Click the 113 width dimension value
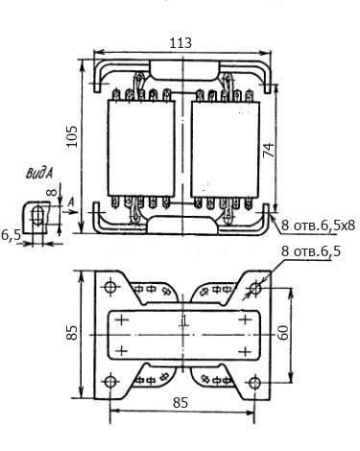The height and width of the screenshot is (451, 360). click(x=180, y=42)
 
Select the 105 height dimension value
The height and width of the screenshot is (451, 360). click(x=72, y=136)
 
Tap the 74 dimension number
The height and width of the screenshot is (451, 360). click(x=269, y=150)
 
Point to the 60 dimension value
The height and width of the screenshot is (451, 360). click(x=283, y=333)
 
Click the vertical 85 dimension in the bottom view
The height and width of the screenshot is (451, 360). click(x=72, y=333)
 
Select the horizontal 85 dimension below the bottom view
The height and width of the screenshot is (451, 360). click(x=180, y=403)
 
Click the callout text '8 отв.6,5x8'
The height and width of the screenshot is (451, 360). click(x=318, y=225)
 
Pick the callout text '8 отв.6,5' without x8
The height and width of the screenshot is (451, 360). click(x=311, y=251)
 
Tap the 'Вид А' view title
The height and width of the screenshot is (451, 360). click(x=39, y=173)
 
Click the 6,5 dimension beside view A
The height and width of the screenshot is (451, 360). click(x=11, y=235)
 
